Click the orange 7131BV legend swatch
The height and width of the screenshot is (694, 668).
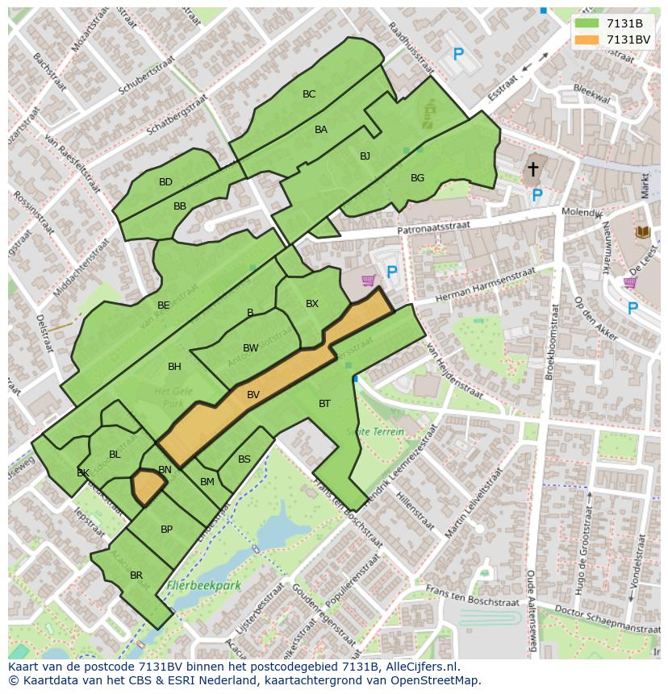point(587,39)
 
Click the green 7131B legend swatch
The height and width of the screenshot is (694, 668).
point(587,23)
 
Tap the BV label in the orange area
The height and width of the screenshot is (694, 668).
point(253,395)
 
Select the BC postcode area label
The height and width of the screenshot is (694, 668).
point(309,94)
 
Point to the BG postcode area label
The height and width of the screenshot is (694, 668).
point(417,178)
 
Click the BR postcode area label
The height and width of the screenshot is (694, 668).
point(136,576)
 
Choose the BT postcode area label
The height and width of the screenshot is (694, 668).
point(324,404)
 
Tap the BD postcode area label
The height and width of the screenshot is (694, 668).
point(165,182)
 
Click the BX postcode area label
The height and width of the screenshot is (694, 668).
point(312,304)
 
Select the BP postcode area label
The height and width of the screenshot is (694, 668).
point(166,530)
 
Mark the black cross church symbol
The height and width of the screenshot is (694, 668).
point(532,168)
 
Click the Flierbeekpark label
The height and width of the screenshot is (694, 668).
point(204,586)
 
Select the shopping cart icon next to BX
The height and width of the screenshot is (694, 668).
point(369,281)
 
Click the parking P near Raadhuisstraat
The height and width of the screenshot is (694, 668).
point(458,55)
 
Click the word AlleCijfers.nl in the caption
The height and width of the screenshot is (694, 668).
point(420,667)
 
